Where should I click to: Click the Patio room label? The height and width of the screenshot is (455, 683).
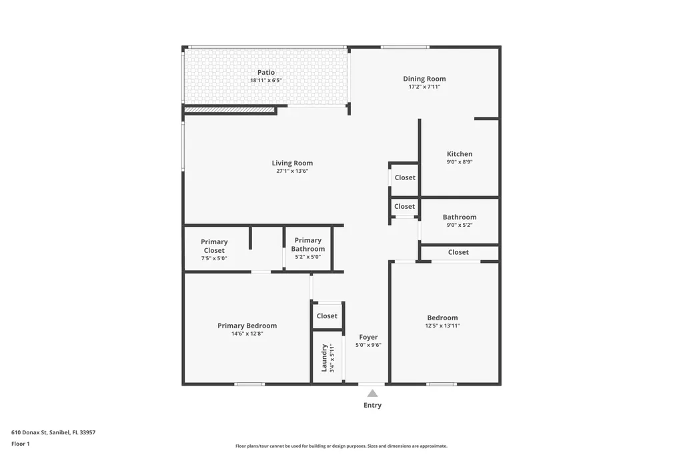[x=266, y=72]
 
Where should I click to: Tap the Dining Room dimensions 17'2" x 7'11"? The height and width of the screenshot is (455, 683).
[x=424, y=87]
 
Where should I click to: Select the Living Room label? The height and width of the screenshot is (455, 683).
[x=292, y=163]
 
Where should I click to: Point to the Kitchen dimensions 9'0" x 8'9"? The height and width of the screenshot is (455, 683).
[x=460, y=162]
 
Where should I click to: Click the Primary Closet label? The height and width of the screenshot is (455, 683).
[x=214, y=246]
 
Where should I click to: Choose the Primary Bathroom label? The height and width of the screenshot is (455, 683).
[x=307, y=244]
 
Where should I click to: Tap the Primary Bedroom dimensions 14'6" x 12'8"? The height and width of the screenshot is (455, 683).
[x=247, y=334]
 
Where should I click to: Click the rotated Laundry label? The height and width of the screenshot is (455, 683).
[x=324, y=358]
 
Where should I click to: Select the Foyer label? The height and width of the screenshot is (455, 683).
[x=368, y=337]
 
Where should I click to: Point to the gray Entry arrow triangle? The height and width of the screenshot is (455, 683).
[x=372, y=394]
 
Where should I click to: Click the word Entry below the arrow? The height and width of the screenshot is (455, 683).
[x=372, y=405]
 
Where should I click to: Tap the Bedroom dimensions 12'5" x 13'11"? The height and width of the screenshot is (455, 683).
[x=442, y=326]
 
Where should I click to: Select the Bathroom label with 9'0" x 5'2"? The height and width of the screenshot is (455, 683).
[x=460, y=217]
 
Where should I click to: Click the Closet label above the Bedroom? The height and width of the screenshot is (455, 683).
[x=458, y=252]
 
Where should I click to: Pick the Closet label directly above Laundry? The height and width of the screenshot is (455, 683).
[x=327, y=316]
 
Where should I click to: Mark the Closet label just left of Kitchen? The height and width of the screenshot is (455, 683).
[x=405, y=177]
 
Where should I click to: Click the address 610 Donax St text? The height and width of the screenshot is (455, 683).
[x=53, y=432]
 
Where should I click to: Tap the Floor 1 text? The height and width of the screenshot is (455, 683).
[x=21, y=444]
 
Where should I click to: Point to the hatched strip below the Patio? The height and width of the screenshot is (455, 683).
[x=229, y=110]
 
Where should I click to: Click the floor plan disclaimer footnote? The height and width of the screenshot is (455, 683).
[x=341, y=446]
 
